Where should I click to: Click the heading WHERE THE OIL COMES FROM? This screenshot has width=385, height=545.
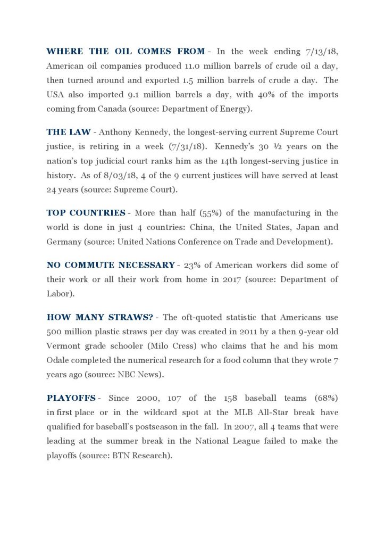coord(125,51)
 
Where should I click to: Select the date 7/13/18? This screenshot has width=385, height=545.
coord(321,51)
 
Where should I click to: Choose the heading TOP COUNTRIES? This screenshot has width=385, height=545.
coord(86,213)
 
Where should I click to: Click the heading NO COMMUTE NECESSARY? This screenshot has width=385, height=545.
coord(111,265)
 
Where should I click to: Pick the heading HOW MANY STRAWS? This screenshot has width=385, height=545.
coord(100,317)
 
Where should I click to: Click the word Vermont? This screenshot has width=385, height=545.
coord(64,346)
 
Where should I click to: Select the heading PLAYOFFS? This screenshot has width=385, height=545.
coord(71,398)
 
